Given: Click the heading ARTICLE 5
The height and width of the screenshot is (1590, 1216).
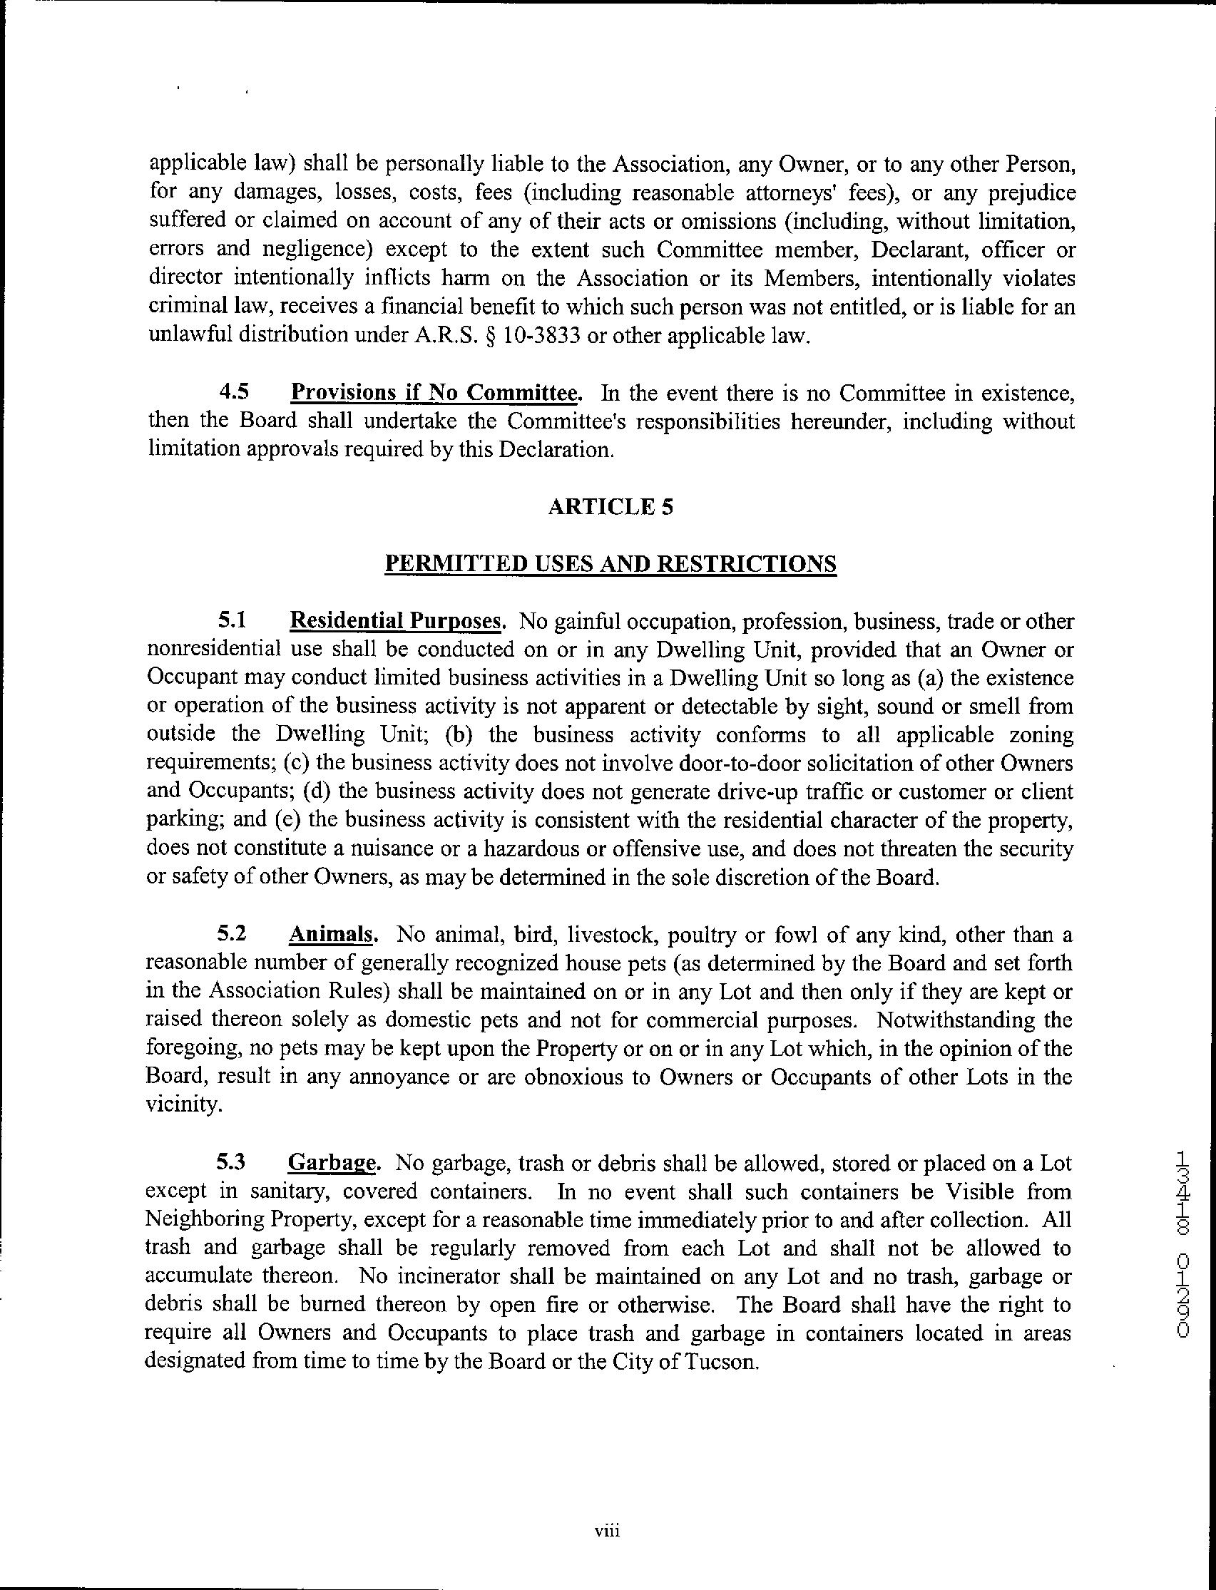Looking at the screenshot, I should [610, 508].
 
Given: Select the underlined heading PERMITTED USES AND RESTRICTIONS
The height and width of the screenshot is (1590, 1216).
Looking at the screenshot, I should [610, 563].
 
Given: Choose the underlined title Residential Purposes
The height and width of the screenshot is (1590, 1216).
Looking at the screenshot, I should [395, 621].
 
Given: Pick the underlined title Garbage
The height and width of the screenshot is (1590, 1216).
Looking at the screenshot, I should [333, 1164].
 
